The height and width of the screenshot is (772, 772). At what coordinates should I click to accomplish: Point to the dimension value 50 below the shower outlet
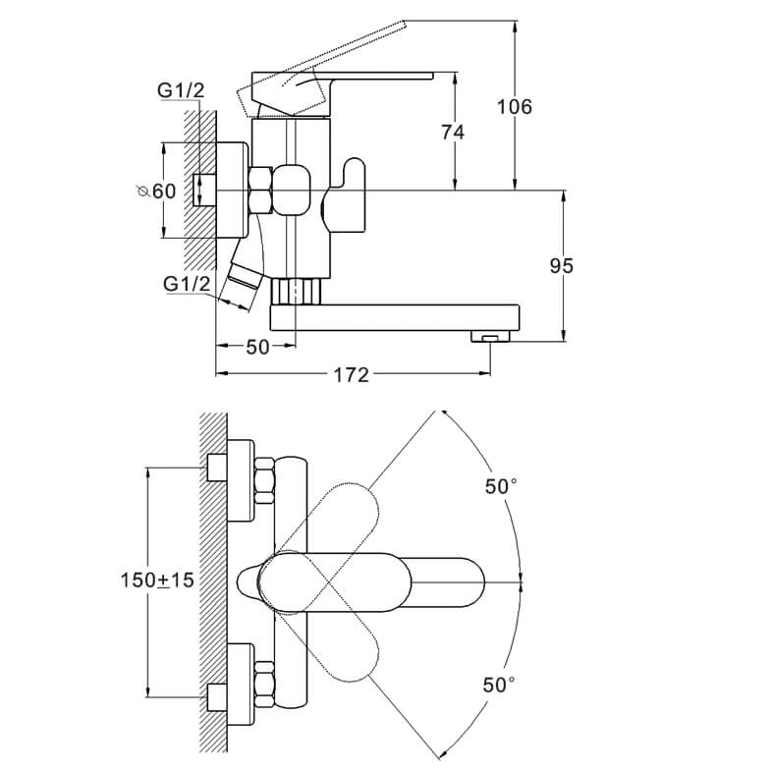click(256, 347)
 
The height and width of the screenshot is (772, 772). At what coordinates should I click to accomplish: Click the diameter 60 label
click(158, 192)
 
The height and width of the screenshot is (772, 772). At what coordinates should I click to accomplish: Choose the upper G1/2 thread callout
click(181, 90)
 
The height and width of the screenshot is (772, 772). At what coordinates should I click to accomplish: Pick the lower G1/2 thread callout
click(187, 284)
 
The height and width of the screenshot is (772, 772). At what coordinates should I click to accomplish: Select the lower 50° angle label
click(498, 685)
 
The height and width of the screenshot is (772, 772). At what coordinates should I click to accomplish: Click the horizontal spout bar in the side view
click(393, 317)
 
